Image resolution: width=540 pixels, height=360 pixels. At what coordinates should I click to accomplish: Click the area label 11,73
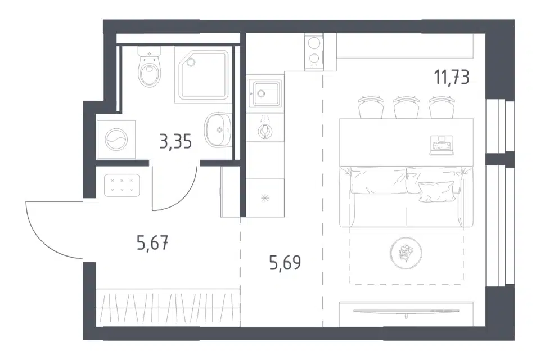(x=452, y=77)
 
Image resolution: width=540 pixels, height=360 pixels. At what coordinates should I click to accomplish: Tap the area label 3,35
(x=175, y=141)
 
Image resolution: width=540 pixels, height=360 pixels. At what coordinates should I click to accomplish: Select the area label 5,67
(x=152, y=243)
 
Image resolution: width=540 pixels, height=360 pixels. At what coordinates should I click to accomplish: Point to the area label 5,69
(x=285, y=263)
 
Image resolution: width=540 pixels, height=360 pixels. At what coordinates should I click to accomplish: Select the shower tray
(x=202, y=75)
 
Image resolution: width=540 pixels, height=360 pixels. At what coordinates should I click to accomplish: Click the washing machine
(x=116, y=139)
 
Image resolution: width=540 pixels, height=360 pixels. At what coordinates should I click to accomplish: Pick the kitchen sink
(x=265, y=93)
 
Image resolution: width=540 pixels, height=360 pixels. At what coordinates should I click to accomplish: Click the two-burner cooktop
(x=314, y=52)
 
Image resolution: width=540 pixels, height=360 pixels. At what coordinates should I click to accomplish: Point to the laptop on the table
(x=442, y=145)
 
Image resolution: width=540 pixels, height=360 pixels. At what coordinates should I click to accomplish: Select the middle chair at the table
(x=407, y=107)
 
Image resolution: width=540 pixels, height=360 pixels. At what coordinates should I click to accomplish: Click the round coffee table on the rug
(x=406, y=254)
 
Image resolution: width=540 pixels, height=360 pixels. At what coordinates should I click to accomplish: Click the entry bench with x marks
(x=121, y=185)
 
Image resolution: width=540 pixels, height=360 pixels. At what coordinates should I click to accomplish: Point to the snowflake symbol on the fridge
(x=265, y=198)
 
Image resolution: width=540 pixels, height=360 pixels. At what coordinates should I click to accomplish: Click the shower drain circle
(x=190, y=62)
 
